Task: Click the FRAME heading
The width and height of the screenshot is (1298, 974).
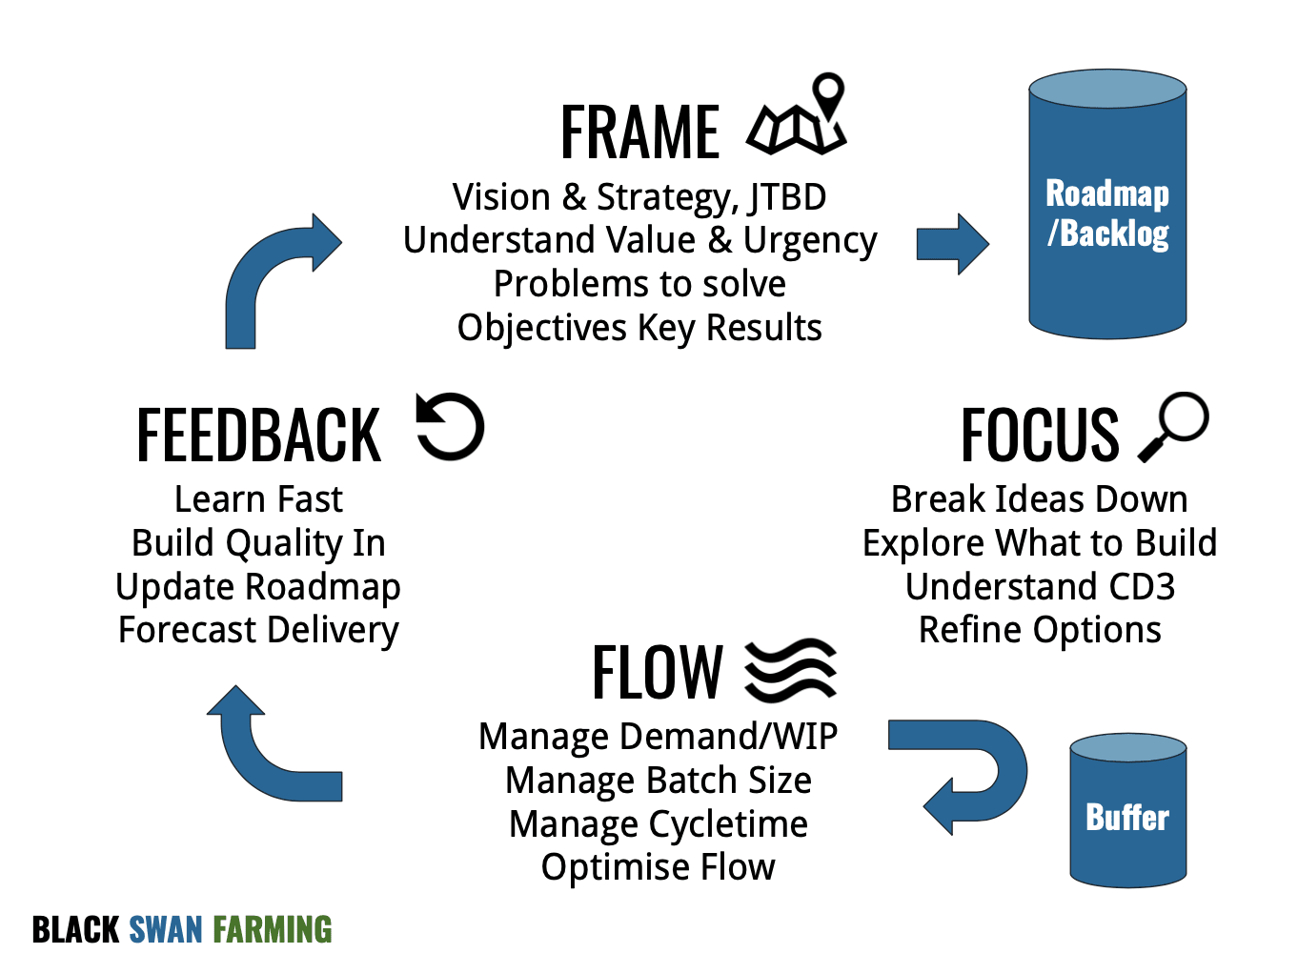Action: pyautogui.click(x=639, y=132)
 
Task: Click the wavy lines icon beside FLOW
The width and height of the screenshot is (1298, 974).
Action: pyautogui.click(x=791, y=670)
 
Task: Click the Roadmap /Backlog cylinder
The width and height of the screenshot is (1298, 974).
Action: pyautogui.click(x=1107, y=204)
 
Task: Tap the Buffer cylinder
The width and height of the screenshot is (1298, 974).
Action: pyautogui.click(x=1127, y=810)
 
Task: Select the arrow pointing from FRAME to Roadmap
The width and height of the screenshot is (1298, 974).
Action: pyautogui.click(x=953, y=244)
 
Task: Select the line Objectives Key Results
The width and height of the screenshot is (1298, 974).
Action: pyautogui.click(x=639, y=328)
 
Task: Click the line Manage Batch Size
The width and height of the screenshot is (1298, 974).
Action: pyautogui.click(x=659, y=780)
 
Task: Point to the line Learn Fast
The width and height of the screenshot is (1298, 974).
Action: pyautogui.click(x=258, y=499)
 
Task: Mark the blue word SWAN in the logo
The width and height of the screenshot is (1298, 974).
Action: pyautogui.click(x=166, y=929)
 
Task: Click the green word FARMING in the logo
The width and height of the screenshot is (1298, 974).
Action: pyautogui.click(x=273, y=929)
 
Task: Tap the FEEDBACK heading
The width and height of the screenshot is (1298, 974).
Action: pyautogui.click(x=258, y=435)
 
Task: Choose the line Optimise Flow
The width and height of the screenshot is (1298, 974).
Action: pyautogui.click(x=659, y=867)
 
